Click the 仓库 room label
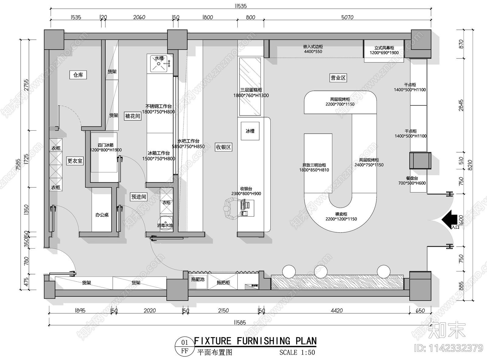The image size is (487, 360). point(78,75)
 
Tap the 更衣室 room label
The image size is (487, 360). point(75,161)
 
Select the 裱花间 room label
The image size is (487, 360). point(133,116)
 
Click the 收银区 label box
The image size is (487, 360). point(223,147)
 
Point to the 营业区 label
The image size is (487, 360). point(338,78)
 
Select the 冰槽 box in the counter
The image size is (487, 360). point(250,131)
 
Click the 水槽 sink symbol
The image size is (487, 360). point(159,63)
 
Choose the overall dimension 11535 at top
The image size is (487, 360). point(240,6)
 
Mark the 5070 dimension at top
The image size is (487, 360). point(347,17)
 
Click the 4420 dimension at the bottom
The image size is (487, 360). point(336,311)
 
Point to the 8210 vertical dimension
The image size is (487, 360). point(470,165)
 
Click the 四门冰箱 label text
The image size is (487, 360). point(106,145)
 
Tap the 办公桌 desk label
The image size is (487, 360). point(102,215)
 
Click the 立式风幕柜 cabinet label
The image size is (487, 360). point(384,48)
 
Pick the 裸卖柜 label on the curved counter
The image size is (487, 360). point(341,214)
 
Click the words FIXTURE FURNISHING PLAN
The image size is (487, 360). point(255,341)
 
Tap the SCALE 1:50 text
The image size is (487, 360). point(297,352)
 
